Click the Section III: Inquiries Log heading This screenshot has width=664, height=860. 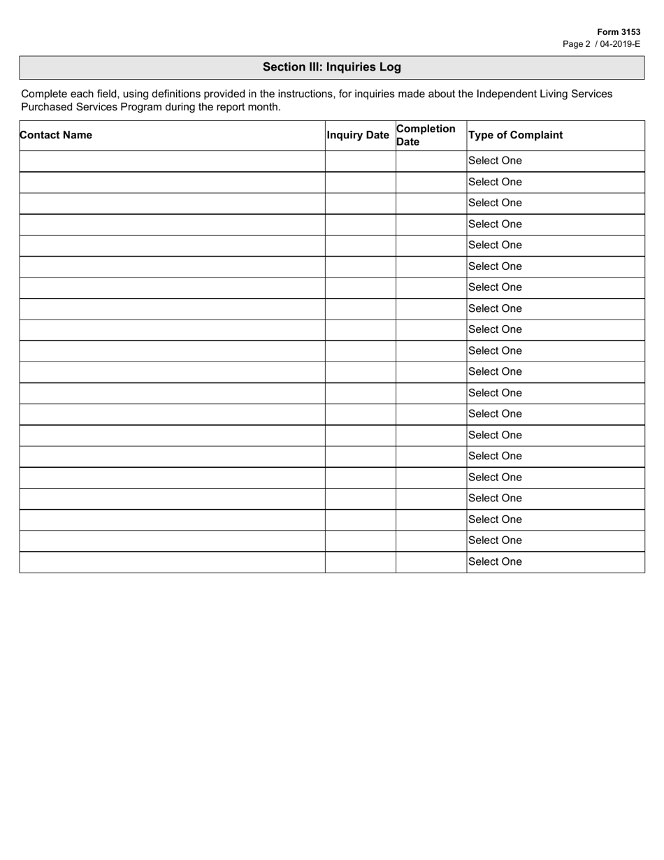click(331, 67)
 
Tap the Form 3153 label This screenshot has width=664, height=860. click(619, 32)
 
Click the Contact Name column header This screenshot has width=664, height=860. click(56, 135)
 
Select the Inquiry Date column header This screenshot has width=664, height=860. click(358, 135)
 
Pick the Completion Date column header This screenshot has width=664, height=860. click(426, 135)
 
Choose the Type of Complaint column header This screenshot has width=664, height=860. click(515, 135)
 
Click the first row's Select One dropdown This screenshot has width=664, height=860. click(555, 161)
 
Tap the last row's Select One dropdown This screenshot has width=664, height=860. click(555, 562)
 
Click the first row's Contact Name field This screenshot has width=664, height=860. click(172, 161)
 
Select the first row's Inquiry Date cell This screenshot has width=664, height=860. click(360, 161)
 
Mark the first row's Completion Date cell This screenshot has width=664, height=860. click(431, 161)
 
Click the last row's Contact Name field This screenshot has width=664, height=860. click(172, 562)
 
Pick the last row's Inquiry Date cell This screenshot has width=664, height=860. click(360, 562)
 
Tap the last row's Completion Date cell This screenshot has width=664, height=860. click(431, 562)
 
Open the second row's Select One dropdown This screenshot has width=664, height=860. click(555, 182)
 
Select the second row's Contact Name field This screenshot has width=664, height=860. click(172, 182)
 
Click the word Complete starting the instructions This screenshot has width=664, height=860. click(43, 94)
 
